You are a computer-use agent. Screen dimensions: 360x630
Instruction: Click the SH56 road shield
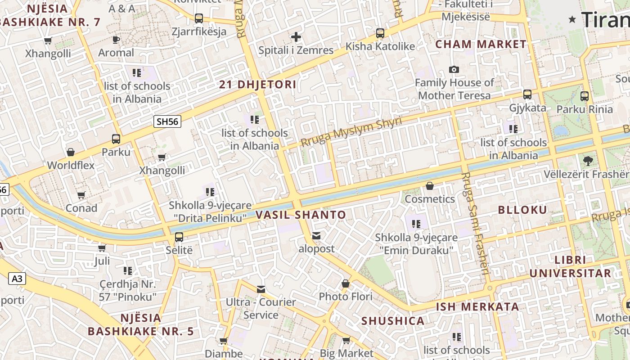(x=167, y=121)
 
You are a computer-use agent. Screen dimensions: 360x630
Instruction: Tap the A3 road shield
(x=17, y=279)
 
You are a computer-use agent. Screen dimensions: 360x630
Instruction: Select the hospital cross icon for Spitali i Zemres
(x=296, y=37)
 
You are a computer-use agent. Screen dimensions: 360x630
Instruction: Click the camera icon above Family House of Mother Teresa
(x=454, y=69)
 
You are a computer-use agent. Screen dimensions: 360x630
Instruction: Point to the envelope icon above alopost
(x=317, y=235)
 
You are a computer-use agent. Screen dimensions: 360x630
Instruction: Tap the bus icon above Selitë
(x=179, y=237)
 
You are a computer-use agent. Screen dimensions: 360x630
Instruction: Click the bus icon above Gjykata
(x=527, y=94)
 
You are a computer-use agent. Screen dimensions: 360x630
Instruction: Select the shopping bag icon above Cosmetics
(x=430, y=186)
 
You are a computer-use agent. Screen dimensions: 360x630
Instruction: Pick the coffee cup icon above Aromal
(x=116, y=40)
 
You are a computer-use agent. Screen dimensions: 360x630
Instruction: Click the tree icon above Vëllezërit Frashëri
(x=587, y=161)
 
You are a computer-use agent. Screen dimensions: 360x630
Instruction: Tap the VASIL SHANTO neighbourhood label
(x=301, y=215)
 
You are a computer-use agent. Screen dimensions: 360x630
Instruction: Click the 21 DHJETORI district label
(x=258, y=85)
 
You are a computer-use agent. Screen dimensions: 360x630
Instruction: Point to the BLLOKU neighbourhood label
(x=522, y=210)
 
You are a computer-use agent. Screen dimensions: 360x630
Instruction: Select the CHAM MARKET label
(x=481, y=44)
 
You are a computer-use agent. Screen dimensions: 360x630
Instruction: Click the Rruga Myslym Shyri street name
(x=351, y=132)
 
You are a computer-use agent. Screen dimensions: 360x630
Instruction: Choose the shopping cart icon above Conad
(x=81, y=195)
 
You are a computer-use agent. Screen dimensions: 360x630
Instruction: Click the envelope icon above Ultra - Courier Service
(x=261, y=289)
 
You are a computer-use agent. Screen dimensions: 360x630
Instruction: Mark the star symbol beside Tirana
(x=572, y=19)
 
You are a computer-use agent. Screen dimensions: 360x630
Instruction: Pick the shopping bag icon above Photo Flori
(x=346, y=283)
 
